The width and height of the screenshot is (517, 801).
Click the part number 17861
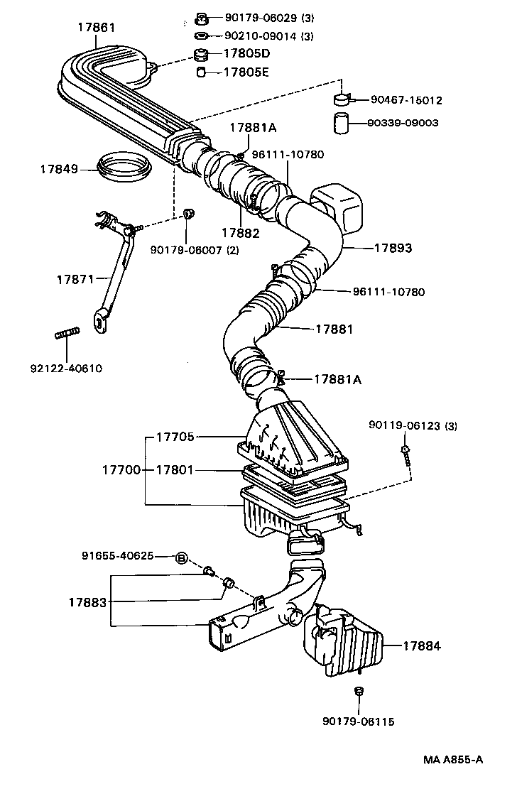click(x=96, y=28)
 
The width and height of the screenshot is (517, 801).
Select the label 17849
click(x=58, y=169)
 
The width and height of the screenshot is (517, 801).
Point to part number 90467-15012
click(x=404, y=101)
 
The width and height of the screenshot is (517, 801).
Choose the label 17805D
click(x=246, y=53)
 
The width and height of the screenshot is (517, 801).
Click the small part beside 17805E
click(x=202, y=72)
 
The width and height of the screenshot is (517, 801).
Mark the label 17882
click(x=239, y=232)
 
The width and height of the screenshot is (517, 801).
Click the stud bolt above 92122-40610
click(x=66, y=332)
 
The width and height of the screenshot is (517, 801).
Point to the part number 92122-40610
click(x=66, y=368)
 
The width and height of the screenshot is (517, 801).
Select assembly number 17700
click(x=121, y=469)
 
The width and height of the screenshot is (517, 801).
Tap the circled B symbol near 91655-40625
click(x=181, y=557)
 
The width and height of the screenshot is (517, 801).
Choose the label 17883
click(x=88, y=602)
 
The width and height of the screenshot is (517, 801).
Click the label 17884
click(x=422, y=645)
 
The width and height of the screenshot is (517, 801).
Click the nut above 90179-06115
click(x=358, y=691)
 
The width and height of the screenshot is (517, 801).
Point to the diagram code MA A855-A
click(x=454, y=760)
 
